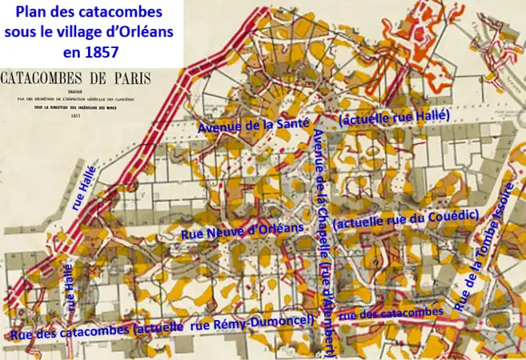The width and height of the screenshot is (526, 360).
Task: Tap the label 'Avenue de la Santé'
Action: point(253,127)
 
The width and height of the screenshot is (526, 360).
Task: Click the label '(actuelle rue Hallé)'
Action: point(395,118)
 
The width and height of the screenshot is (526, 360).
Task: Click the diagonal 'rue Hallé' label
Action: point(86,187)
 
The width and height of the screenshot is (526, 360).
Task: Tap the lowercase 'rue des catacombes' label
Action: point(391,314)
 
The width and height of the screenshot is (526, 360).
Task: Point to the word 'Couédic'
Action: point(453,216)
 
